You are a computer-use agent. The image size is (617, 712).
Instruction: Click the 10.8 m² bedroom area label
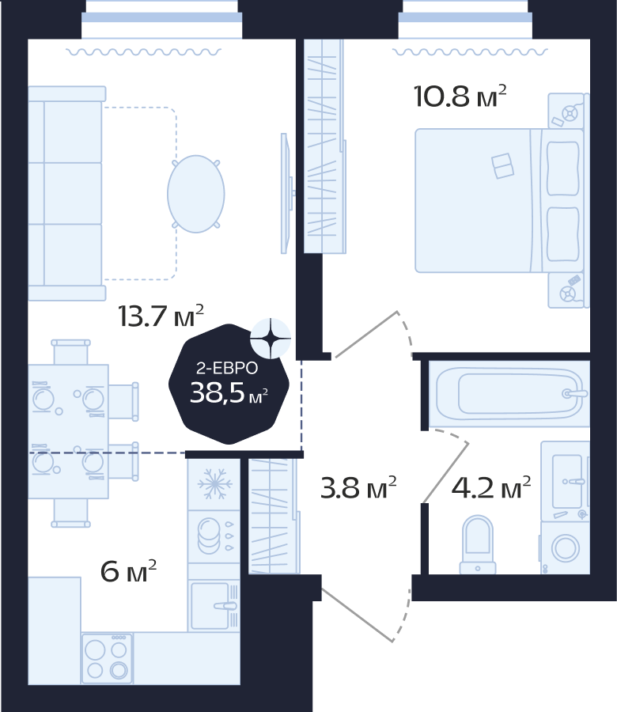[460, 97]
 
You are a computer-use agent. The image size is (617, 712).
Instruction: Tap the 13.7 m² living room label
[161, 316]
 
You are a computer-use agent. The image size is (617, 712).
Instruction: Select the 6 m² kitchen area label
[128, 571]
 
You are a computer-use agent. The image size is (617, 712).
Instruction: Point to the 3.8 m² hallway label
[358, 487]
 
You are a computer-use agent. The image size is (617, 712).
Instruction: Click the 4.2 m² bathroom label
[490, 487]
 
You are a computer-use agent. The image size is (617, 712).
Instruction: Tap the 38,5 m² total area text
[229, 393]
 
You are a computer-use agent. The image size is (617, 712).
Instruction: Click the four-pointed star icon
[271, 339]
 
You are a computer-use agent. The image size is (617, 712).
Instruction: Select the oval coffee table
[196, 194]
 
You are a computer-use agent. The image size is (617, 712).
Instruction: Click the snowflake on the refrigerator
[214, 483]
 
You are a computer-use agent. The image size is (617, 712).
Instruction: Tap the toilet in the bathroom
[478, 544]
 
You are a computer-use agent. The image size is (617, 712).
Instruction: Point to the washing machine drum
[566, 547]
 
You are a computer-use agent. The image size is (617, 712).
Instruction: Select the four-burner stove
[107, 658]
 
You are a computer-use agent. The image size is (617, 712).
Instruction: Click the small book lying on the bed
[502, 166]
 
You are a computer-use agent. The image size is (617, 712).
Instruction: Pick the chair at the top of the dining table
[71, 352]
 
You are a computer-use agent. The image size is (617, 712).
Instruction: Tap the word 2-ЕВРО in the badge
[227, 368]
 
